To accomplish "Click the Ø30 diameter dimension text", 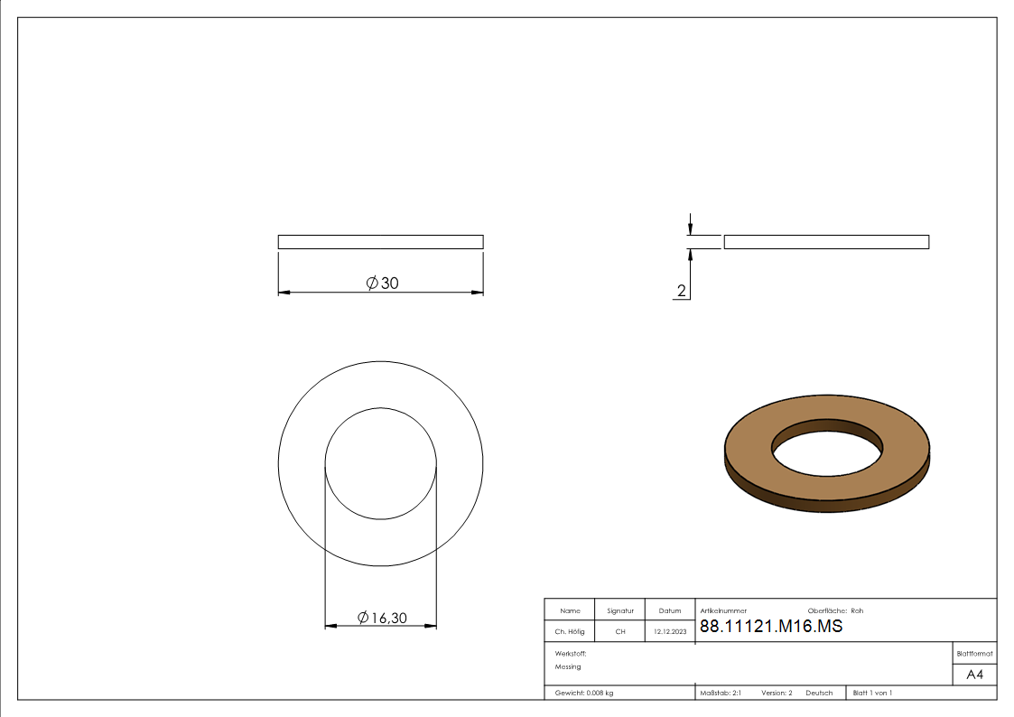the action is pos(382,284).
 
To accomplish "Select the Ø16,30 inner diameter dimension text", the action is pos(382,618).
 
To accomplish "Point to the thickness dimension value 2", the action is pos(681,291).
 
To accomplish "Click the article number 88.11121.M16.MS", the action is pos(771,626).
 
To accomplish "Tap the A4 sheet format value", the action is pos(974,675).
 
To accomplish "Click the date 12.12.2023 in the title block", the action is pos(670,631).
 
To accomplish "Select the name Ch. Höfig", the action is pos(570,631).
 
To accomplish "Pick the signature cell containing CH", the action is pos(620,631).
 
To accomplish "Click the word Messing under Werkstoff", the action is pos(568,666).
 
